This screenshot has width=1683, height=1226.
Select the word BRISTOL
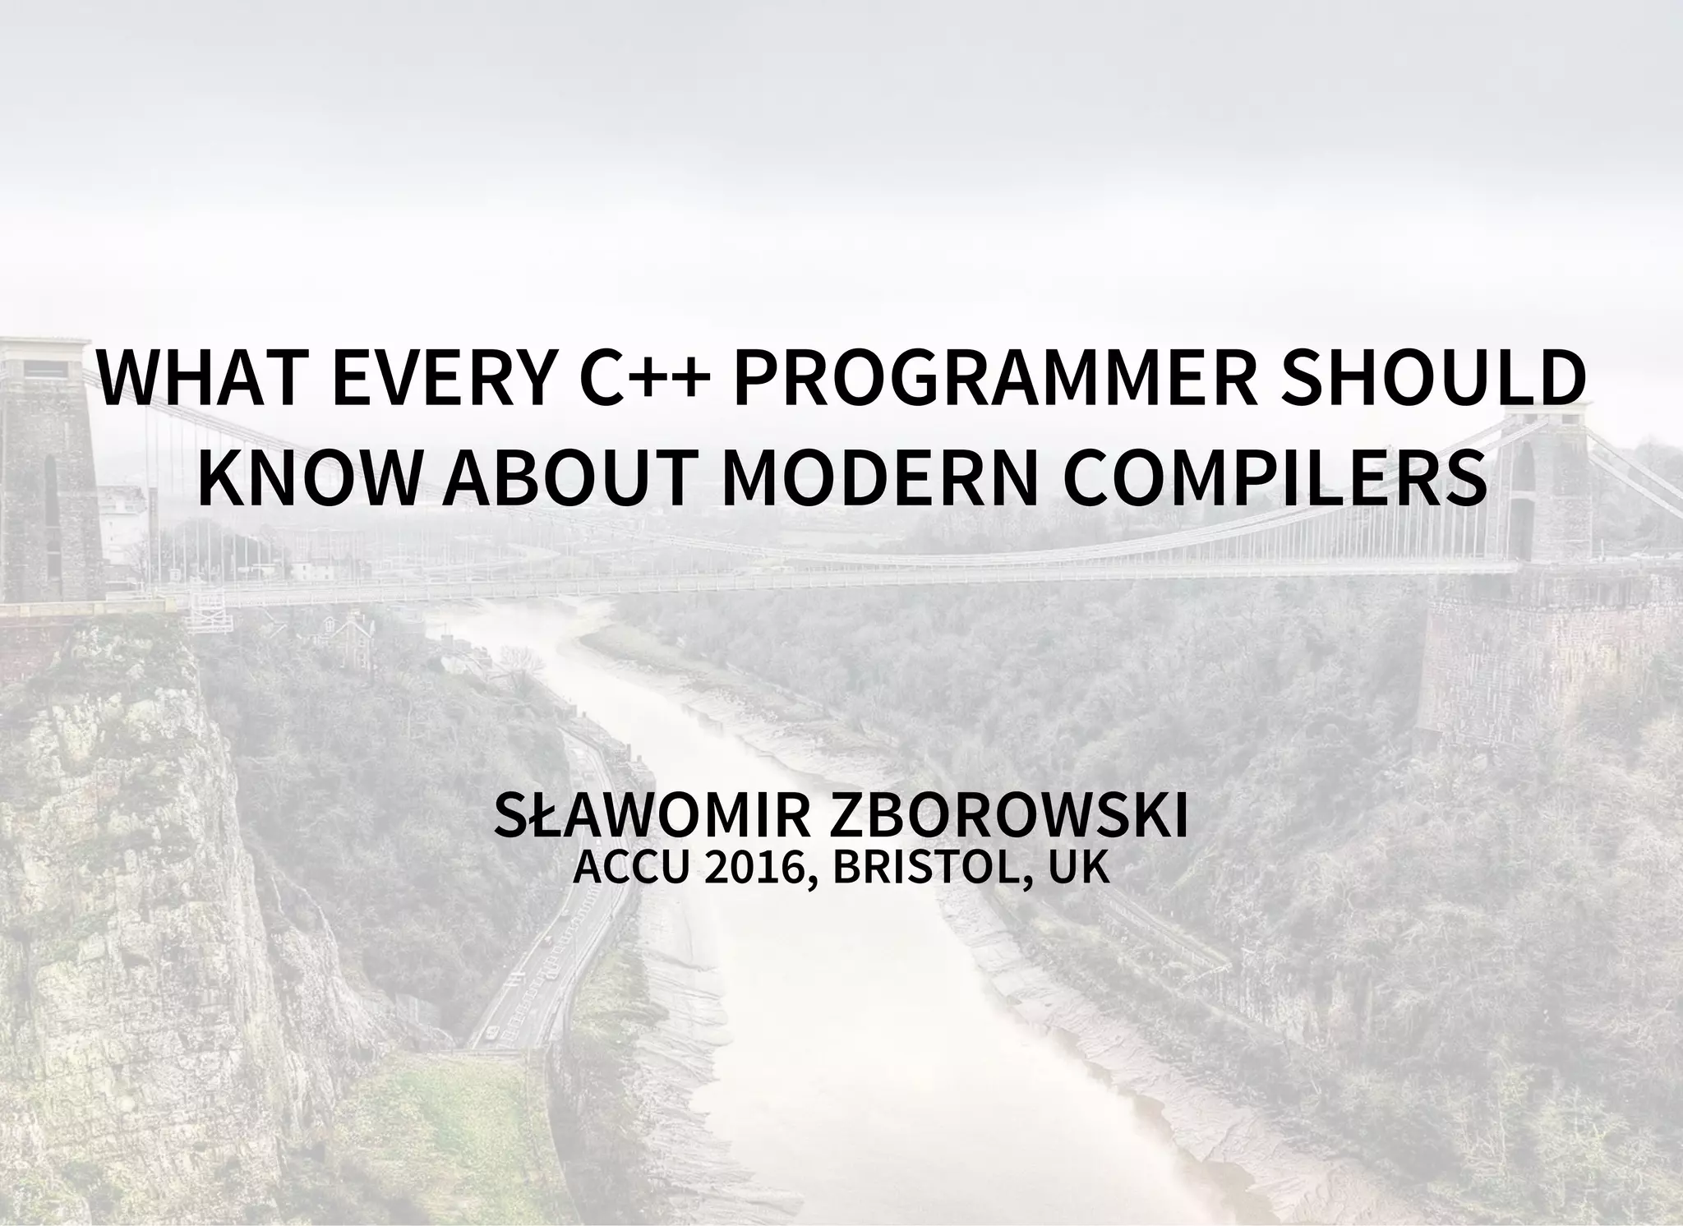[x=921, y=869]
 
